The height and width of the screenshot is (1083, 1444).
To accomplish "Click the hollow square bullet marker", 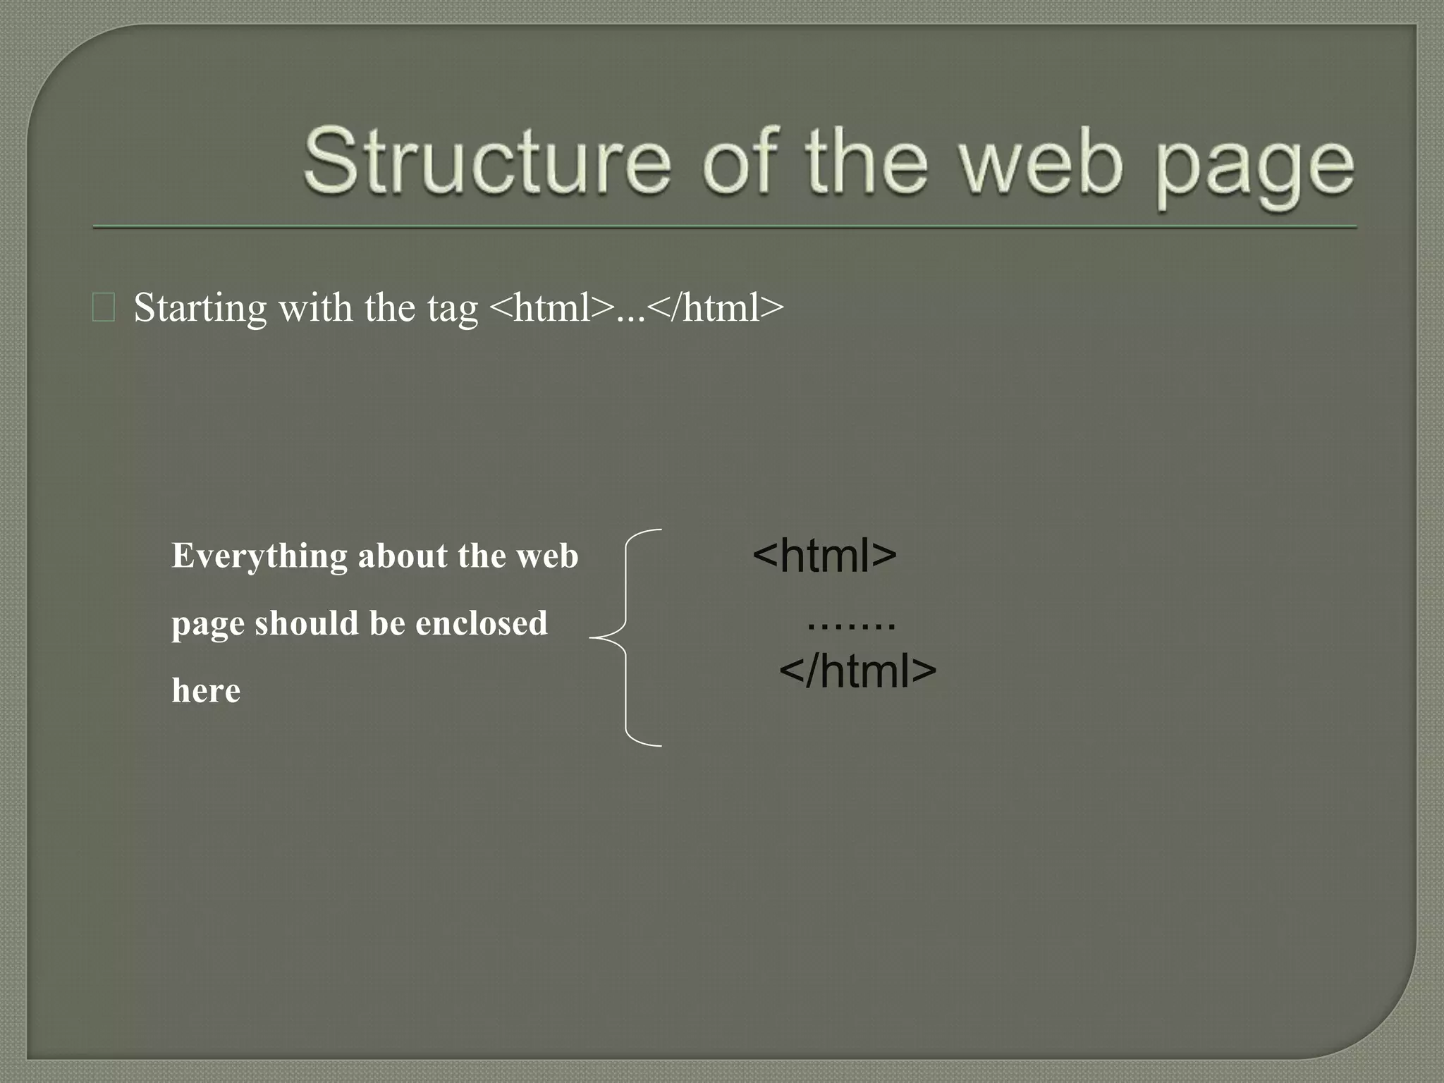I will pyautogui.click(x=104, y=308).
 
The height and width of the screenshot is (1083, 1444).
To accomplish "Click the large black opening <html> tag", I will pyautogui.click(x=824, y=556).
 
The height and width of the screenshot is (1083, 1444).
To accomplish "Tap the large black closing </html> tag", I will pyautogui.click(x=857, y=671).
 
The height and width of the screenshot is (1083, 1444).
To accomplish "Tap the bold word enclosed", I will pyautogui.click(x=481, y=623).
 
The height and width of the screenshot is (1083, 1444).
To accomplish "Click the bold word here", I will pyautogui.click(x=206, y=690).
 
